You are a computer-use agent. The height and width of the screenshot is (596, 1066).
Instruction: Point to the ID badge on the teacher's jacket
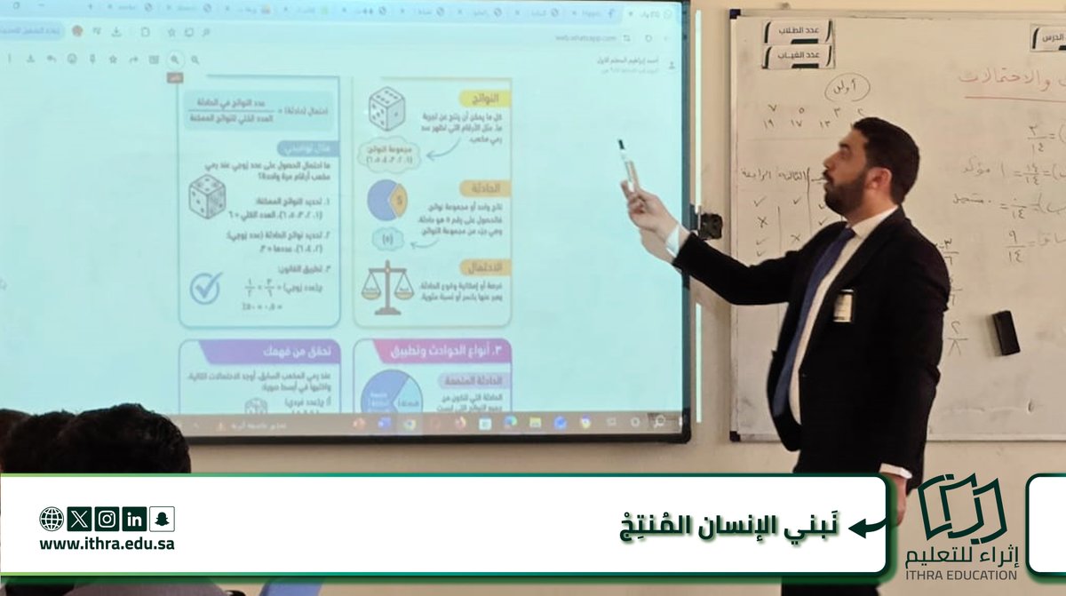[843, 305]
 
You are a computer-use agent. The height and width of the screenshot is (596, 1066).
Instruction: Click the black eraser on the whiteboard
[1006, 332]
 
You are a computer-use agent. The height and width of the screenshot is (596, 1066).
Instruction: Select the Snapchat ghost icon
[162, 519]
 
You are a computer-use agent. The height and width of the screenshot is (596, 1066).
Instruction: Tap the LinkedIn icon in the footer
[134, 519]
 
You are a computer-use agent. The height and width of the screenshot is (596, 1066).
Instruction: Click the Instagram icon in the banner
[107, 519]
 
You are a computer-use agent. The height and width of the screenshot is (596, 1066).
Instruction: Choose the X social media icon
[79, 519]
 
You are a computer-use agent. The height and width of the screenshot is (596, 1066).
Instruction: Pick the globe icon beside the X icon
[52, 519]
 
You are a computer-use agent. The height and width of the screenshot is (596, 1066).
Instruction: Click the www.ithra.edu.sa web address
[107, 544]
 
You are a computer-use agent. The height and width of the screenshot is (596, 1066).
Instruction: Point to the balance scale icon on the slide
[388, 287]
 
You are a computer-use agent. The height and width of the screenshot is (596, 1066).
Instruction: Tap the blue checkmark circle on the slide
[206, 288]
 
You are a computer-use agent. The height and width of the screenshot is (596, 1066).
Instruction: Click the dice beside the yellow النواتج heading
[386, 109]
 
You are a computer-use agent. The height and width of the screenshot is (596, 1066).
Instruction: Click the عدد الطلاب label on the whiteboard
[798, 32]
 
